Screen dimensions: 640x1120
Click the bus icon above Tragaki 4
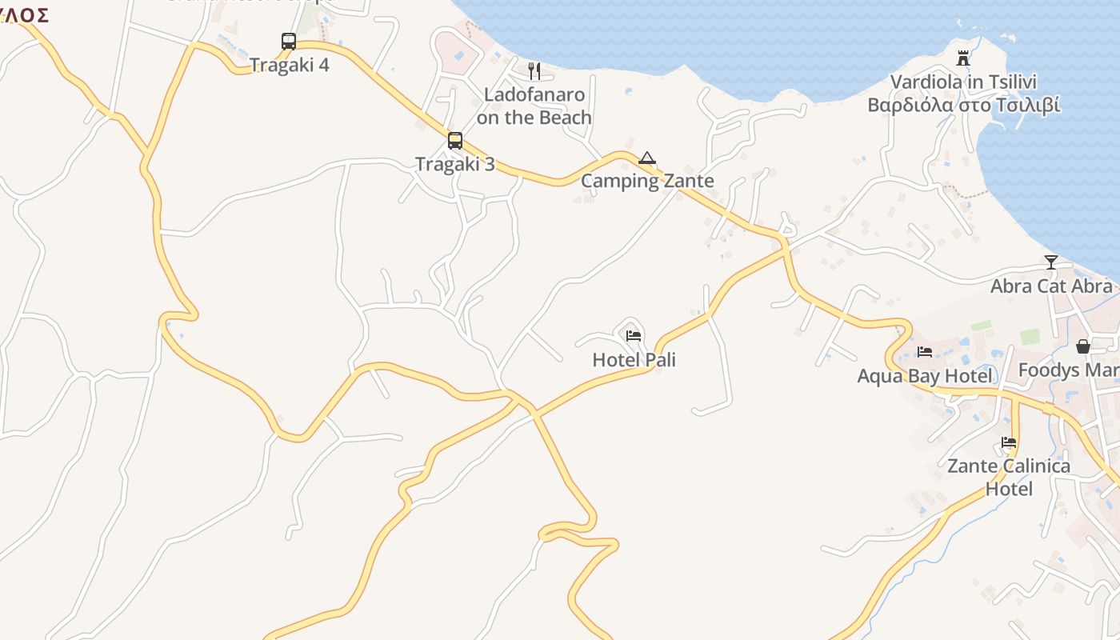(x=289, y=41)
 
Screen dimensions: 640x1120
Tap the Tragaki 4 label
(x=290, y=65)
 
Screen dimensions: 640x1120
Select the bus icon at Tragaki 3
(x=455, y=141)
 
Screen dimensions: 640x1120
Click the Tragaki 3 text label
(x=455, y=165)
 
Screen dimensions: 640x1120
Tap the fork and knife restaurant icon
(x=534, y=71)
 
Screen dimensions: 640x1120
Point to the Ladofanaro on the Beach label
(x=534, y=106)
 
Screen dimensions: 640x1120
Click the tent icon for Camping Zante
(x=647, y=158)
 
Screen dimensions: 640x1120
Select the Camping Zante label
(x=647, y=181)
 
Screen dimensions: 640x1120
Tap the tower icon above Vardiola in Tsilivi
(x=963, y=58)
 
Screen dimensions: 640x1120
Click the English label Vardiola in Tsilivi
(x=963, y=82)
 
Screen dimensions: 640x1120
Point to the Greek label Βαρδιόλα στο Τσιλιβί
(x=964, y=106)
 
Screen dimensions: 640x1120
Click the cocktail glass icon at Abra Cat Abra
(x=1051, y=262)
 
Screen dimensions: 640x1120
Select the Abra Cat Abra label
(x=1051, y=286)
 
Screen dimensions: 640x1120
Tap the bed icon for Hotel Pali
(x=634, y=336)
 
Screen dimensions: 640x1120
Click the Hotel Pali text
(x=634, y=360)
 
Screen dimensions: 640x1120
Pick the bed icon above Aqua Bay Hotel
(x=925, y=352)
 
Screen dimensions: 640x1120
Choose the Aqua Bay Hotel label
(x=925, y=376)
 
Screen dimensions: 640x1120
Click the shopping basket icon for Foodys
(x=1082, y=346)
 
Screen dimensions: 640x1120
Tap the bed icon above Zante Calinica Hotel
(x=1009, y=442)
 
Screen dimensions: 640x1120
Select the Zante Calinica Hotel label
(x=1009, y=478)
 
